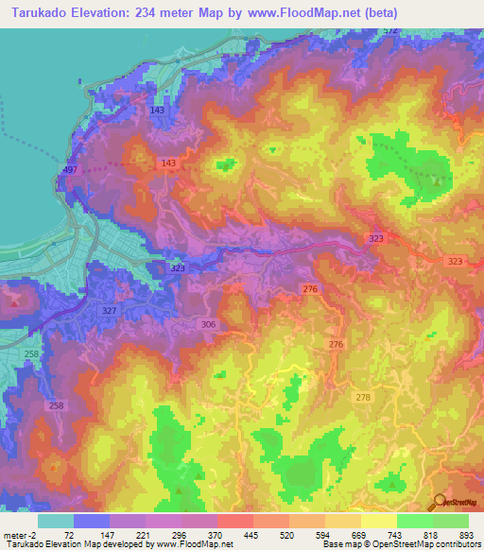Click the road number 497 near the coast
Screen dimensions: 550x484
pyautogui.click(x=69, y=169)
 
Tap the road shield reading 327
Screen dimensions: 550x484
pyautogui.click(x=109, y=311)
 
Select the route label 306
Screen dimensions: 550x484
pyautogui.click(x=209, y=323)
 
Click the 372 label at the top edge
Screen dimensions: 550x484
pyautogui.click(x=389, y=31)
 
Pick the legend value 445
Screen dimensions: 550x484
pyautogui.click(x=252, y=535)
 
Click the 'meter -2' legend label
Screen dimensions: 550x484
pyautogui.click(x=19, y=535)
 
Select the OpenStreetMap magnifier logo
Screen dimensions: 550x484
pyautogui.click(x=441, y=504)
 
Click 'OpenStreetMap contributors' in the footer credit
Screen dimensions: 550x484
pyautogui.click(x=426, y=544)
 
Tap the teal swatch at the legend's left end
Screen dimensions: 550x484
pyautogui.click(x=56, y=521)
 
